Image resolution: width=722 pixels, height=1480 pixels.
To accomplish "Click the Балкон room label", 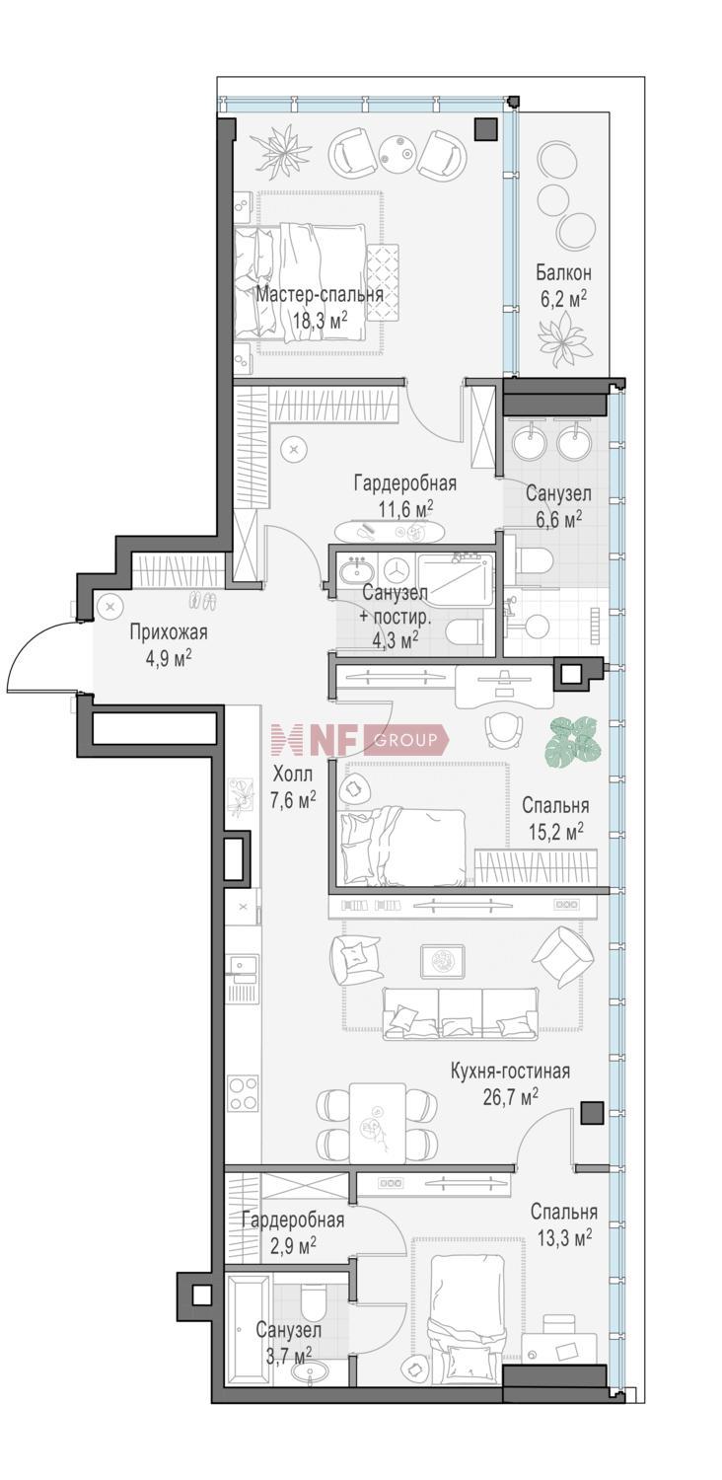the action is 563,272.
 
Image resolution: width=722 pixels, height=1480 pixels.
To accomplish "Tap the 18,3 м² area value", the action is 321,321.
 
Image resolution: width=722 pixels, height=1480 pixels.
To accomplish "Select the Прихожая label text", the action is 169,632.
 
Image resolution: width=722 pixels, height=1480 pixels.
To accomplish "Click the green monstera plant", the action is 573,741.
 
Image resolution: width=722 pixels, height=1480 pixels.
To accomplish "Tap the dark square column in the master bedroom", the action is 485,128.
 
